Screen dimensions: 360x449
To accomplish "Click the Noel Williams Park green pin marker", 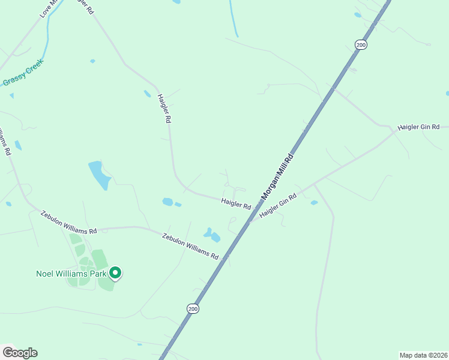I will click(x=115, y=274).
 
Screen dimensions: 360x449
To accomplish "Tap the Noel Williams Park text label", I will click(x=70, y=274).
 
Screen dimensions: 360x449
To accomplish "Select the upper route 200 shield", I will click(x=360, y=44).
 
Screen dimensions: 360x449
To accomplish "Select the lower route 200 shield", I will click(x=192, y=308).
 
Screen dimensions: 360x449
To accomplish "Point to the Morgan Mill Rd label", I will click(x=277, y=178).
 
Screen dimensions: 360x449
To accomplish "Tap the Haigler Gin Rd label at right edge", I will click(x=418, y=127).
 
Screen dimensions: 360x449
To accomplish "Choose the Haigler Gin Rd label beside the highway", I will click(x=278, y=206).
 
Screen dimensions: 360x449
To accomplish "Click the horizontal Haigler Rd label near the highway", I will click(x=235, y=203).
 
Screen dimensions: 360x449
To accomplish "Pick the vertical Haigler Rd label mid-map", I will click(x=164, y=108).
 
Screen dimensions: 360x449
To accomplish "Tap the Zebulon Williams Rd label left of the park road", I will click(x=68, y=223).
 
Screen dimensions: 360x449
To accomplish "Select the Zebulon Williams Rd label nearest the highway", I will click(x=190, y=246).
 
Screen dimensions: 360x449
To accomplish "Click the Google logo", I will click(x=20, y=353).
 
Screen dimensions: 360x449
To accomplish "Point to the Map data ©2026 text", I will click(x=423, y=355).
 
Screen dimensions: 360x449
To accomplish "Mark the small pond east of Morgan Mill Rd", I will click(x=314, y=203).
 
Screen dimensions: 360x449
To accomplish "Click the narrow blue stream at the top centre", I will click(x=234, y=18).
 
